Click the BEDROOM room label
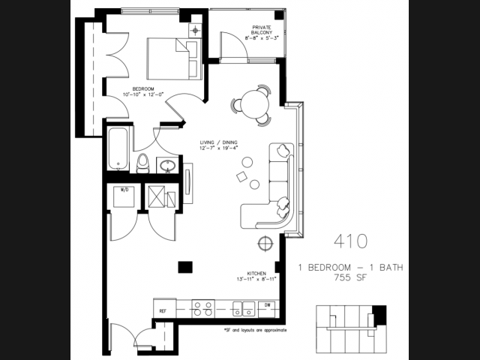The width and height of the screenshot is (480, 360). pyautogui.click(x=136, y=87)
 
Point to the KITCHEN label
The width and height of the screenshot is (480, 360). pyautogui.click(x=258, y=274)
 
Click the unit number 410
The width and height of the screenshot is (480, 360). pyautogui.click(x=351, y=241)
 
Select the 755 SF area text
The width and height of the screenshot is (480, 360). pyautogui.click(x=351, y=277)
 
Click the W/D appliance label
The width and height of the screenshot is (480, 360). pyautogui.click(x=124, y=190)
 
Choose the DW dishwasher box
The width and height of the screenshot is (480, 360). pyautogui.click(x=268, y=306)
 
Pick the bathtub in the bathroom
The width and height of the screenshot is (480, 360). pyautogui.click(x=117, y=148)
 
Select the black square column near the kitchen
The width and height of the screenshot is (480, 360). pyautogui.click(x=183, y=266)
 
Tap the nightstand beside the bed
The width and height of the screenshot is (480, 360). pyautogui.click(x=196, y=30)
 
